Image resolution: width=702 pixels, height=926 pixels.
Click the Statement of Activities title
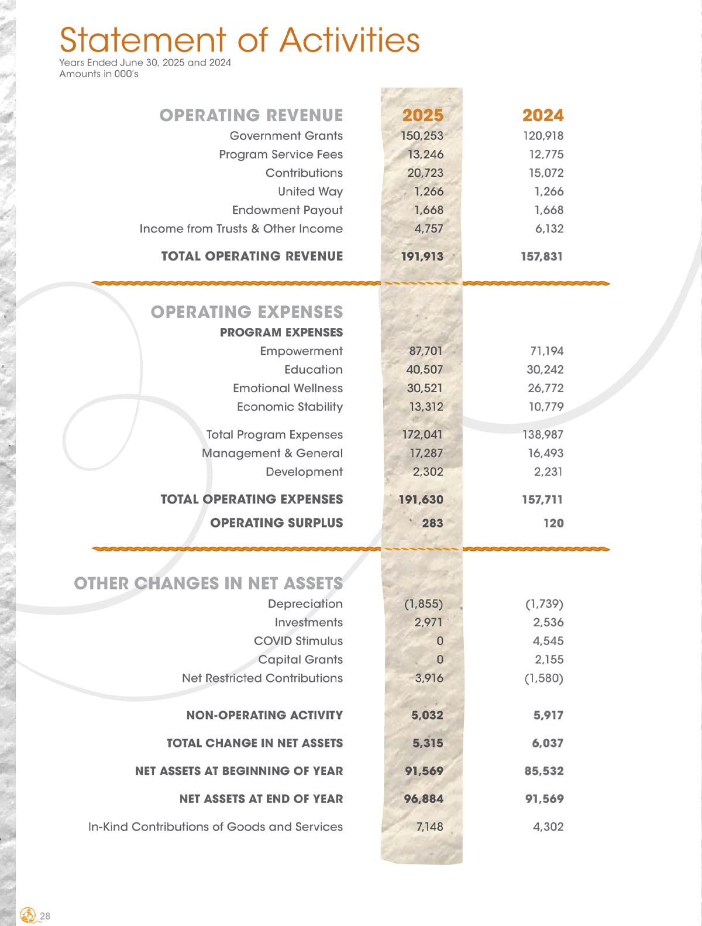coord(239,40)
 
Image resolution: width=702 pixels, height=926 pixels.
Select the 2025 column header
coord(423,115)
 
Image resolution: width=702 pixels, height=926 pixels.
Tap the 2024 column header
coord(543,115)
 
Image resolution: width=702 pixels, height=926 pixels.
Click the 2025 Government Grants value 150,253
coord(422,136)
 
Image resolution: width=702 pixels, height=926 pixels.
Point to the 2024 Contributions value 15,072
coord(546,173)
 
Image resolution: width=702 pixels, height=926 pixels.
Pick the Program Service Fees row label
coord(281,155)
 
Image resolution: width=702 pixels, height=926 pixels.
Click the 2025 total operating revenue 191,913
coord(422,256)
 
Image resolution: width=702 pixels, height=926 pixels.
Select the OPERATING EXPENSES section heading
coord(247,312)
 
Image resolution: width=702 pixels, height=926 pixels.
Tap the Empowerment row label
coord(301,351)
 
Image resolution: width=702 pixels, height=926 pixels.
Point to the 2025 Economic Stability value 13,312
coord(426,407)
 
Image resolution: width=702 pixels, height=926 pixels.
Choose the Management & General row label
coord(272,454)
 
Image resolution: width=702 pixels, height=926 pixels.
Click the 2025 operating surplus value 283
coord(432,523)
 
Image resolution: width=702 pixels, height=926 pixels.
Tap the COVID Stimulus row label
coord(298,641)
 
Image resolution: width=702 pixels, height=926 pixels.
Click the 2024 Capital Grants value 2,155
coord(549,660)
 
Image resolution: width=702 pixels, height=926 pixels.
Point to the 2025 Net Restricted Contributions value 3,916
coord(429,678)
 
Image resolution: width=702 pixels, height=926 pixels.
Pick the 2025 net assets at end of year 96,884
coord(424,799)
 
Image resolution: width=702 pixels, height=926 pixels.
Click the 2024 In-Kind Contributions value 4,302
coord(548,827)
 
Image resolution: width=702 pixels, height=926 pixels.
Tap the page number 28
coord(45,916)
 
